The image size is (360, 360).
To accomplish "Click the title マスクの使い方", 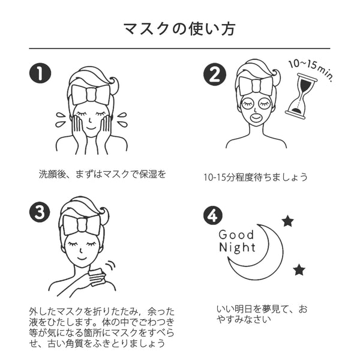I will (179, 28).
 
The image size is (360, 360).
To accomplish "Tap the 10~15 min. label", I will (311, 69).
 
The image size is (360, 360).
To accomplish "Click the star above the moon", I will (287, 221).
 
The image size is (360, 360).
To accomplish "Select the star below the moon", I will (299, 269).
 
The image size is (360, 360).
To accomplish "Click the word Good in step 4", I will (236, 235).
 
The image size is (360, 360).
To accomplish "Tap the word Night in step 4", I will (236, 248).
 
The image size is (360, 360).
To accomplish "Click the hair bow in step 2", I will (256, 84).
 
